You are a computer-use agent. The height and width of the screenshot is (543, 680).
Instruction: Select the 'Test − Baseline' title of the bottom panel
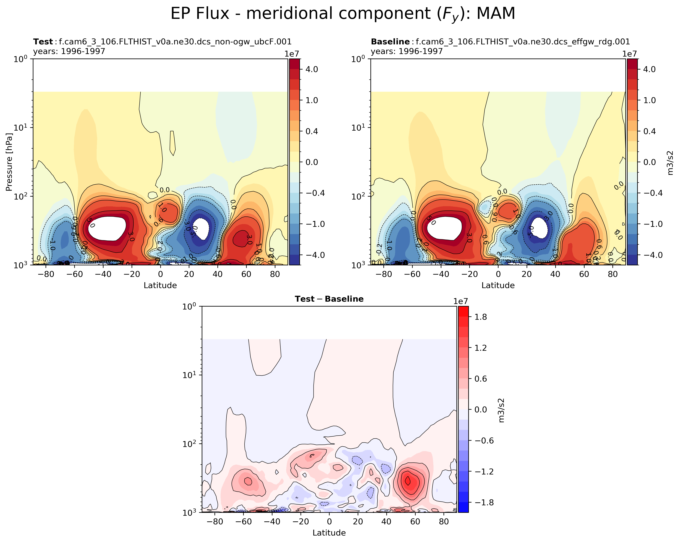point(329,299)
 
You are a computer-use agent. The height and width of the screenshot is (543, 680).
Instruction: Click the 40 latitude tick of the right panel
point(555,274)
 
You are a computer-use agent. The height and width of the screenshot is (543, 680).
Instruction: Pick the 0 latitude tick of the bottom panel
point(329,522)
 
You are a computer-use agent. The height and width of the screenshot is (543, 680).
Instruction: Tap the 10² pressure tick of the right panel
point(358,196)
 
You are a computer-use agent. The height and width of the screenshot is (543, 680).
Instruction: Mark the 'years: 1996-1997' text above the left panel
point(69,51)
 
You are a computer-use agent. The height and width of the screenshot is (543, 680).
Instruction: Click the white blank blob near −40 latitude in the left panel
point(107,228)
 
